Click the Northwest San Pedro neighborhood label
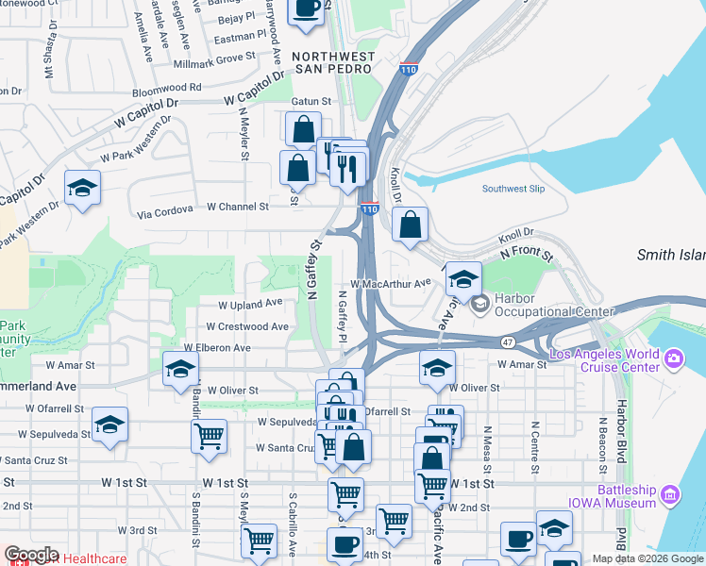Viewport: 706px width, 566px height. [x=333, y=62]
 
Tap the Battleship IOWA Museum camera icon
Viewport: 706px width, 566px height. [x=671, y=493]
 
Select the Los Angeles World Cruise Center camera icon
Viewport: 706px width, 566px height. [x=673, y=358]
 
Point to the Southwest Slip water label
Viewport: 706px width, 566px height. [x=513, y=189]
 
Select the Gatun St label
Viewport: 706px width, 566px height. [x=311, y=101]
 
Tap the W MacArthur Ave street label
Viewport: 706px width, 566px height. [x=390, y=282]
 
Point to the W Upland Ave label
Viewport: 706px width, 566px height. [x=250, y=304]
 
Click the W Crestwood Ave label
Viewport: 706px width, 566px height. [x=247, y=326]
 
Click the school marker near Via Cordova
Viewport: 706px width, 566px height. [x=82, y=187]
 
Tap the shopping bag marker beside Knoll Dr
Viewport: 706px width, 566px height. [x=411, y=225]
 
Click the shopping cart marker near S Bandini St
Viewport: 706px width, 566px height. [x=208, y=436]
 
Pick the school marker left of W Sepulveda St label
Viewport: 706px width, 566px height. [x=109, y=424]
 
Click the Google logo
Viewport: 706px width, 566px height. [x=31, y=555]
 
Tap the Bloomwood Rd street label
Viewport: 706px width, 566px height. [x=167, y=87]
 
